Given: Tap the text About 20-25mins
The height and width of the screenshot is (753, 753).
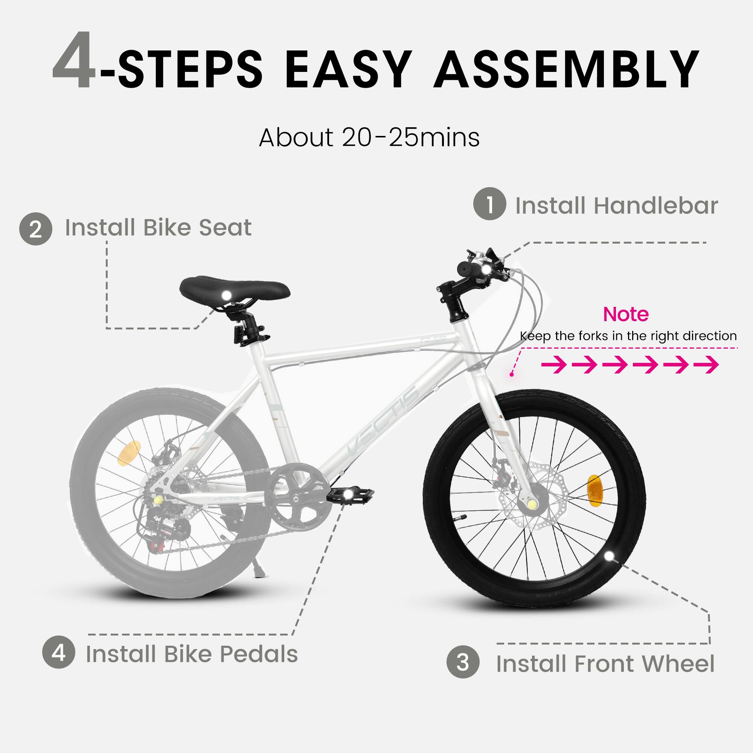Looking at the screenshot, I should click(x=369, y=137).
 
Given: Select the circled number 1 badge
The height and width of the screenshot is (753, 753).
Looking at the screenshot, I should click(x=489, y=204).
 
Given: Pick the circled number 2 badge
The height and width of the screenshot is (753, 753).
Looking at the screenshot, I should click(x=35, y=229).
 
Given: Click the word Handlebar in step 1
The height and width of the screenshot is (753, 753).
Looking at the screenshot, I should click(x=655, y=206).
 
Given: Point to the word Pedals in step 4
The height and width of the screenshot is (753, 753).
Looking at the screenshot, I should click(x=259, y=654).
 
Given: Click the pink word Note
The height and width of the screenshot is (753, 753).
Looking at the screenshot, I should click(x=625, y=314).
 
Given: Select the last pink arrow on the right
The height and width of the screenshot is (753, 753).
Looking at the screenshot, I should click(x=706, y=365).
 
